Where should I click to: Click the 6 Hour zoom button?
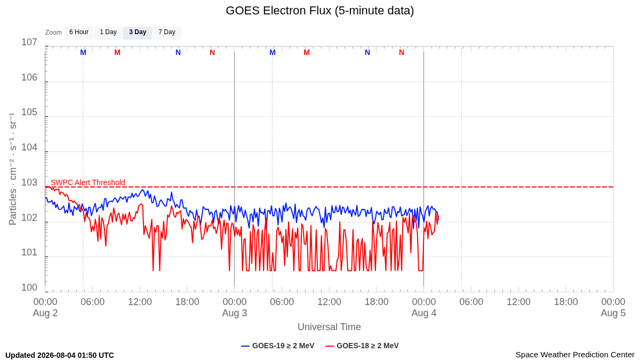click(x=79, y=33)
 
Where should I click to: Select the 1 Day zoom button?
click(x=108, y=33)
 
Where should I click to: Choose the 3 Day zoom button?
click(x=138, y=33)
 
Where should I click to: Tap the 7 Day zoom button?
click(x=167, y=33)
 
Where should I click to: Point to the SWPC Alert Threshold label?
click(x=88, y=182)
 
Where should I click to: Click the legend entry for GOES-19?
click(x=278, y=346)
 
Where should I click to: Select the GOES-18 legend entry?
click(x=362, y=346)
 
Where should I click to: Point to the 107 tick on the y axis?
click(x=29, y=42)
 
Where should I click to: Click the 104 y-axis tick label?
click(x=29, y=147)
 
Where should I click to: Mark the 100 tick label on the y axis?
click(x=29, y=287)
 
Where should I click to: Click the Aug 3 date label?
click(x=235, y=313)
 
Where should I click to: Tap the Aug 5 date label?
click(x=613, y=313)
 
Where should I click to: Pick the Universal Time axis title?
click(x=329, y=327)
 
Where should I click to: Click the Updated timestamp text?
click(x=60, y=355)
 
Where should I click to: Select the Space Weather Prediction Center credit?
click(x=575, y=355)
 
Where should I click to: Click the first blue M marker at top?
click(x=83, y=53)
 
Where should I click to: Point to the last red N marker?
click(x=402, y=53)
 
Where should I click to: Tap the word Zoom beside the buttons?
click(x=53, y=33)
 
